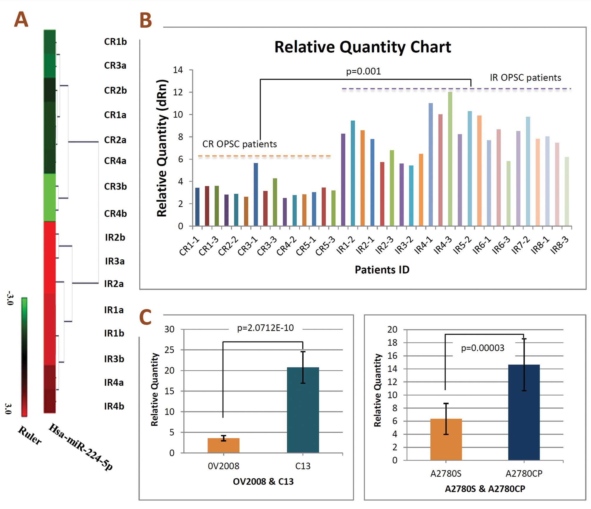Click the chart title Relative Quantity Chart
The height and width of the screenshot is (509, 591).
[x=363, y=47]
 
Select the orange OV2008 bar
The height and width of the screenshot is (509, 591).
[x=223, y=445]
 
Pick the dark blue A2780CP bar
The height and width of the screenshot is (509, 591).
[x=524, y=412]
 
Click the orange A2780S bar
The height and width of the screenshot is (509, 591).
[x=446, y=439]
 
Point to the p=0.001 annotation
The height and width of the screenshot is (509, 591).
[x=363, y=71]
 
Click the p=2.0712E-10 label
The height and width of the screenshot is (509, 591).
[x=265, y=328]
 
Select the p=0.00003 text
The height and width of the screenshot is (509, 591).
[x=483, y=348]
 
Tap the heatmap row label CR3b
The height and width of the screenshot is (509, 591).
[x=115, y=186]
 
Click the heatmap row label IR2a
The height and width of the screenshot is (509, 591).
[x=114, y=284]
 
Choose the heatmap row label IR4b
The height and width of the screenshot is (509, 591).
[x=114, y=406]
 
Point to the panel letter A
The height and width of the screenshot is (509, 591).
[x=21, y=20]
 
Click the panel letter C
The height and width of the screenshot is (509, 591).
[x=145, y=317]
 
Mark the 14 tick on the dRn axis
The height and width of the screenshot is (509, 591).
[x=178, y=70]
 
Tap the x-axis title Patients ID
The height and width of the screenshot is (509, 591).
[x=382, y=270]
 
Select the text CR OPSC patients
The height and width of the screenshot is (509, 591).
[x=240, y=144]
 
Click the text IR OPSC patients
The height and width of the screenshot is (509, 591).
[x=525, y=78]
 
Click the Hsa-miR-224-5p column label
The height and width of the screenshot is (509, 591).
[x=80, y=447]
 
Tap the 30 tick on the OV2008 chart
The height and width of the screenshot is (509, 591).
[x=169, y=329]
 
